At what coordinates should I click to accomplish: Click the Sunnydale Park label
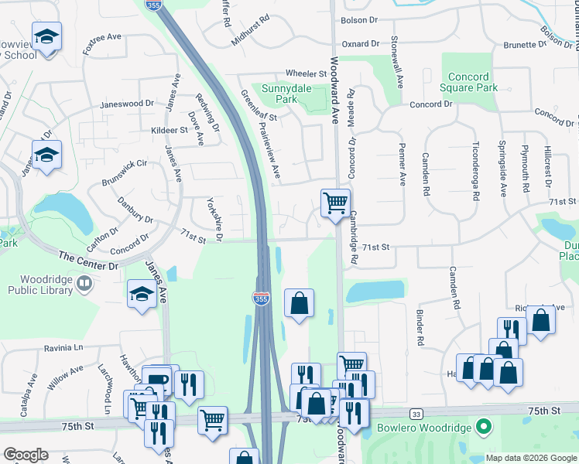click(286, 94)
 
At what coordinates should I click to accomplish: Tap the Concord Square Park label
click(472, 83)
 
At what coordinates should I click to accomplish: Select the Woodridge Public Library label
click(40, 285)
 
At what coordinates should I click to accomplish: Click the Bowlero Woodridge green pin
click(485, 427)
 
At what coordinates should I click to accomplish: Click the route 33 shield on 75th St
click(417, 415)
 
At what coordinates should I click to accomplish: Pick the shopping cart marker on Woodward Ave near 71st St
click(335, 204)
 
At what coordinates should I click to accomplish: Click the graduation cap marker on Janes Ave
click(142, 295)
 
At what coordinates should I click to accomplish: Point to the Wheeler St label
click(307, 73)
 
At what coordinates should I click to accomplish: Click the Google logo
click(26, 455)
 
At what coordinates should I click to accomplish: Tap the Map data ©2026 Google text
click(530, 458)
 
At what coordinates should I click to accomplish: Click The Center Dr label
click(87, 260)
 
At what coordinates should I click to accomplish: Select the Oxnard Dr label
click(361, 44)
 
